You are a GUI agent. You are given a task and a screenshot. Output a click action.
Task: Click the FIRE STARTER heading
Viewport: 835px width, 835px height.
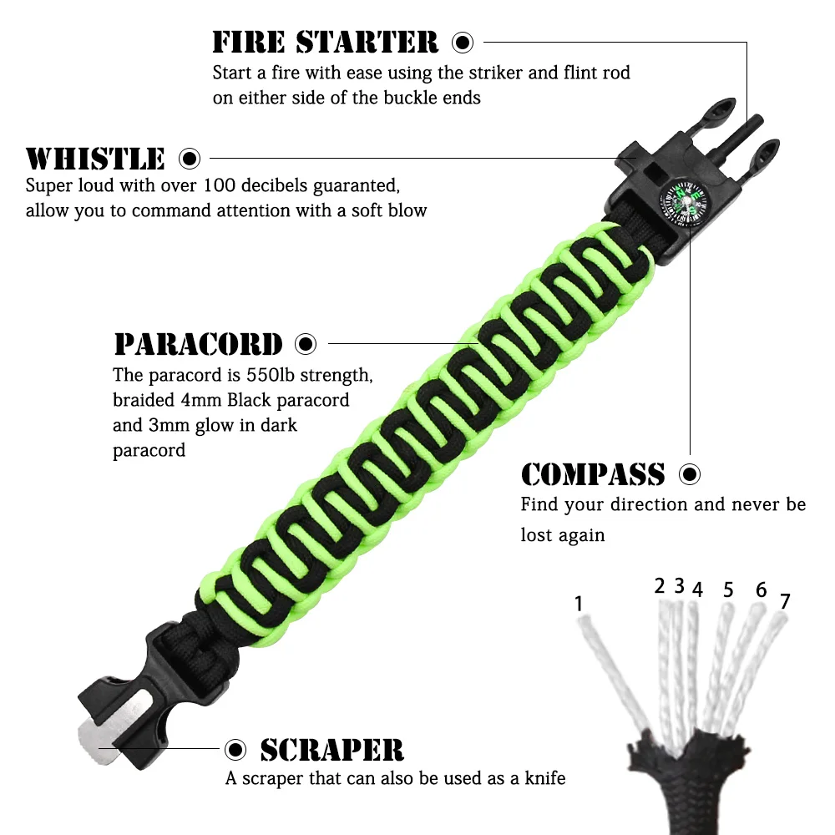[x=326, y=42]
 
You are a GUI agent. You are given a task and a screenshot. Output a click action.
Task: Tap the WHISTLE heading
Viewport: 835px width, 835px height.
[x=96, y=158]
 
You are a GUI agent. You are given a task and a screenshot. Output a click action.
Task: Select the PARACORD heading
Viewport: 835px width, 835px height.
[x=199, y=343]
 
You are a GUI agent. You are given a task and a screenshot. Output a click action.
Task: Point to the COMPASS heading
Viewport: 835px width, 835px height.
[x=593, y=474]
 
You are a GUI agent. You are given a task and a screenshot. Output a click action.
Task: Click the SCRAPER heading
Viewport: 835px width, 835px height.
[x=331, y=749]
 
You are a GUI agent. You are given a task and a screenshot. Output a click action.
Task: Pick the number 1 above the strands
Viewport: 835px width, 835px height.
[x=579, y=603]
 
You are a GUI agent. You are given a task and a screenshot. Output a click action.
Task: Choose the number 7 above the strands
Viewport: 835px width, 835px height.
[x=784, y=601]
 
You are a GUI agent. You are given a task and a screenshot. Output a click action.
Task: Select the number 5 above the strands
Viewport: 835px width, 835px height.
[x=728, y=590]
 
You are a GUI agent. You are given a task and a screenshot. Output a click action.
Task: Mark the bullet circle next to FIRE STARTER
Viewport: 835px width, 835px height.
[x=463, y=42]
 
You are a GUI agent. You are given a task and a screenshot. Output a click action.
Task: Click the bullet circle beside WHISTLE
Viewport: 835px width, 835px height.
[x=190, y=157]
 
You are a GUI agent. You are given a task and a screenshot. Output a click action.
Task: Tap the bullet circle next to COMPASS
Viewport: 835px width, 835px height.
[x=690, y=474]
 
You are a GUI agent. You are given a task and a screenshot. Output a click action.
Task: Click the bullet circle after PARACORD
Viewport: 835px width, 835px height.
[x=306, y=343]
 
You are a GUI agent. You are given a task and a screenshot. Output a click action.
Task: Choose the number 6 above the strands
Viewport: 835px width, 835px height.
[x=761, y=590]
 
